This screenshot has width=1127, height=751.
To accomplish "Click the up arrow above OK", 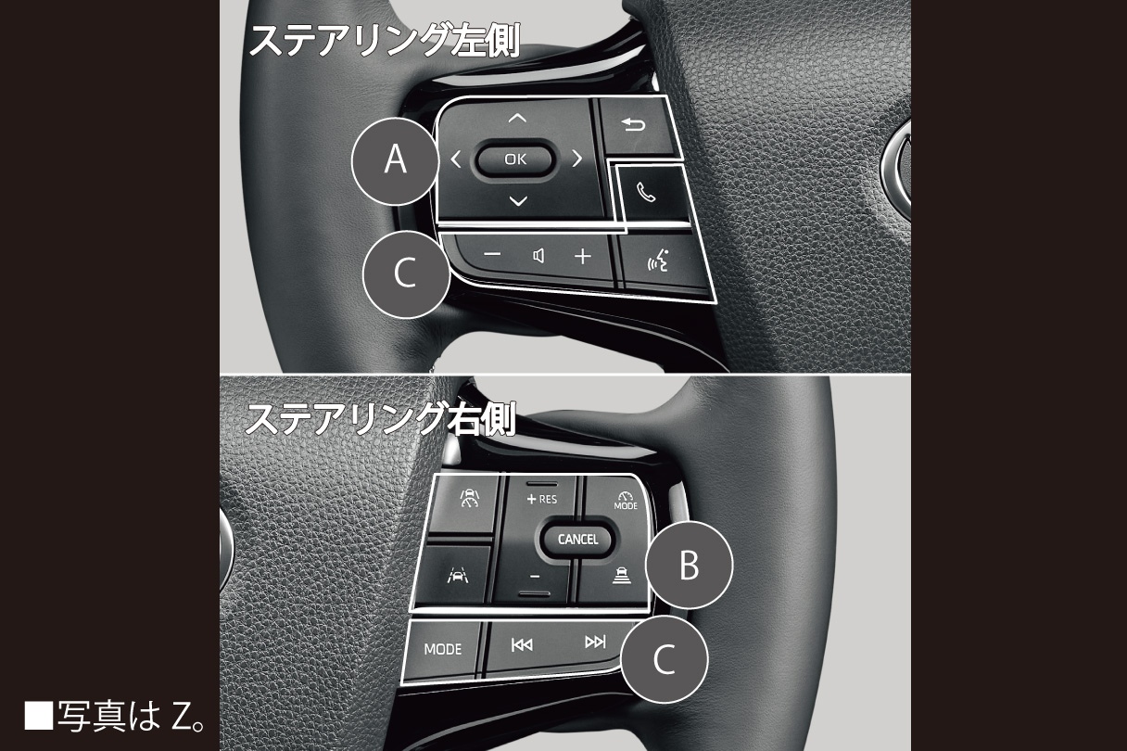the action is pyautogui.click(x=517, y=119).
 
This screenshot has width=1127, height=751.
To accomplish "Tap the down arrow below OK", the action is pyautogui.click(x=518, y=201).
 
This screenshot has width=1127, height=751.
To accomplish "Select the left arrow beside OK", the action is pyautogui.click(x=456, y=159).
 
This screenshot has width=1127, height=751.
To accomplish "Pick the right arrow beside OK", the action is pyautogui.click(x=577, y=159).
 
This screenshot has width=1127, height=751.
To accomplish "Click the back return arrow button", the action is pyautogui.click(x=633, y=124).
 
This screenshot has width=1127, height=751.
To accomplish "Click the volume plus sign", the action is pyautogui.click(x=583, y=256).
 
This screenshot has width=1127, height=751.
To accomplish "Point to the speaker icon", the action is pyautogui.click(x=538, y=256).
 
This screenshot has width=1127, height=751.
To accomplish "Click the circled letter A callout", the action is pyautogui.click(x=396, y=160).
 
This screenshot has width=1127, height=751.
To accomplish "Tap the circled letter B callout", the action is pyautogui.click(x=690, y=565).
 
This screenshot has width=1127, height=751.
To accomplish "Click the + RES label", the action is pyautogui.click(x=542, y=499).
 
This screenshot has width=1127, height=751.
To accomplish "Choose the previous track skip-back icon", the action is pyautogui.click(x=522, y=644).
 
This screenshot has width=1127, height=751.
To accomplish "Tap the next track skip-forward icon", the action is pyautogui.click(x=595, y=642).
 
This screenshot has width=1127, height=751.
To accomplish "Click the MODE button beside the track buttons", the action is pyautogui.click(x=443, y=649).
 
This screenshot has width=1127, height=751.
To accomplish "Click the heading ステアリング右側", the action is pyautogui.click(x=380, y=418).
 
